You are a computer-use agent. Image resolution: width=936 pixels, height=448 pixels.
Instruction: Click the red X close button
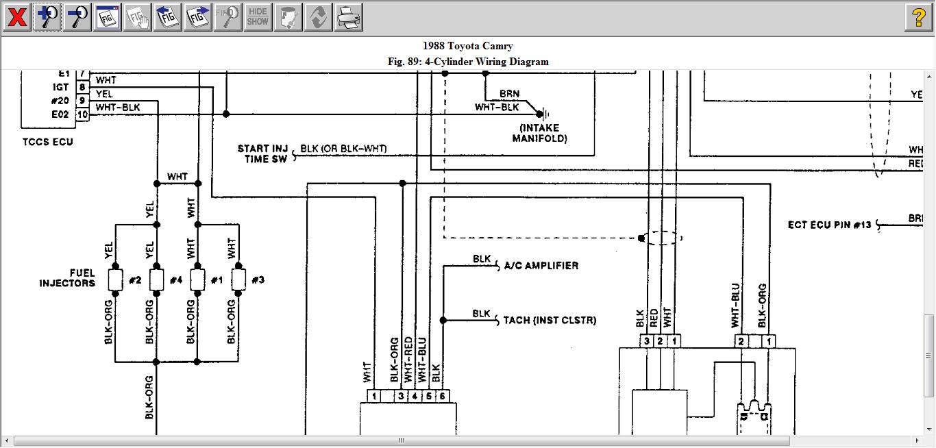tap(16, 17)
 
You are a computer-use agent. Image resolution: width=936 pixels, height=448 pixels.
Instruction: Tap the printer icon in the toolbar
tap(349, 17)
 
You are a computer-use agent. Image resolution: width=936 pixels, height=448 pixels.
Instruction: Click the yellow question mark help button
tap(919, 17)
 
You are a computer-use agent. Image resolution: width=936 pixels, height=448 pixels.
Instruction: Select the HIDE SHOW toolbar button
tap(258, 17)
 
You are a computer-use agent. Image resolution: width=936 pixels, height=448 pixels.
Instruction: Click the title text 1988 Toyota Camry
tap(467, 46)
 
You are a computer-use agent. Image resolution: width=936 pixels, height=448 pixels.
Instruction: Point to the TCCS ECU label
tap(47, 142)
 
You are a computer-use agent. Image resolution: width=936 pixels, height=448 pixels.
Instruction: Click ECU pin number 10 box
tap(82, 114)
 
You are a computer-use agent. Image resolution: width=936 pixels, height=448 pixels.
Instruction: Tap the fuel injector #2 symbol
tap(116, 279)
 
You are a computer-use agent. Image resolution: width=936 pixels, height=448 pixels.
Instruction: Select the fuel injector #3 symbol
tap(238, 279)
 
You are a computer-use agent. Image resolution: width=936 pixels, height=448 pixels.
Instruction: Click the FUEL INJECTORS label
tap(67, 278)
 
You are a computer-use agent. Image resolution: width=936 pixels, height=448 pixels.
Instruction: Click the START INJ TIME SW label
tap(263, 153)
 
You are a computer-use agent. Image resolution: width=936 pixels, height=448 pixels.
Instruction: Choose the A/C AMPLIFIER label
tap(541, 266)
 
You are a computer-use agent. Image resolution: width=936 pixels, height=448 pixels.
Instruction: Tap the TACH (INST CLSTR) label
tap(550, 320)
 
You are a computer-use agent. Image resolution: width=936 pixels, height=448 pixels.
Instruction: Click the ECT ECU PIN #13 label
tap(830, 225)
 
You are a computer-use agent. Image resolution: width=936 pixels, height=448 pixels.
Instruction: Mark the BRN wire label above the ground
tap(509, 95)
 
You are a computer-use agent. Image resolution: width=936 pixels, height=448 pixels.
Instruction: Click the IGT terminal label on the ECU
tap(60, 87)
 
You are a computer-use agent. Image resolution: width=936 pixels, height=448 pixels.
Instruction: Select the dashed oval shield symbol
tap(663, 238)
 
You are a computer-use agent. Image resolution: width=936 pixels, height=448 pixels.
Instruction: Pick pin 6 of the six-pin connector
tap(443, 396)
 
